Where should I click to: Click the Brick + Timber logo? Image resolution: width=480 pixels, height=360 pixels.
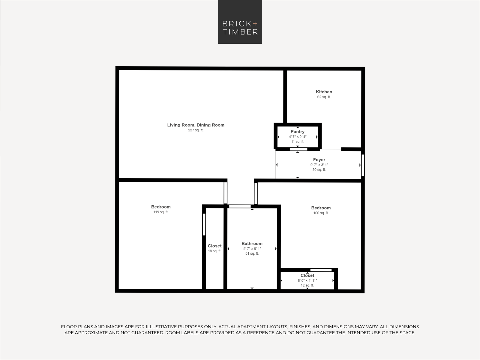point(240,22)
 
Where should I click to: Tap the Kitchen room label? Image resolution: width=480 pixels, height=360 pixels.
point(324,92)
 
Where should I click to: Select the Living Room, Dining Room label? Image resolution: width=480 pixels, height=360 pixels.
point(196,125)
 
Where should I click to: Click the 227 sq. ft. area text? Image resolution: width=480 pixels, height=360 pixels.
point(196,130)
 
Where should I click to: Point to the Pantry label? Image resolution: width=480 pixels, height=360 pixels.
point(297,132)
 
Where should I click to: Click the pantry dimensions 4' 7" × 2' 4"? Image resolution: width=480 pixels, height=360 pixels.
point(298,136)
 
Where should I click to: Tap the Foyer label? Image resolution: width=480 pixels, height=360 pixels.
point(319,160)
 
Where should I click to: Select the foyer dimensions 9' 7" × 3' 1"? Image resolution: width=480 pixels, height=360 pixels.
point(319,165)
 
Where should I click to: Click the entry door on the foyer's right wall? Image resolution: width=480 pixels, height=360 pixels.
point(363,165)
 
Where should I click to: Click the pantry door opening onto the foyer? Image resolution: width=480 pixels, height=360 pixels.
point(298,149)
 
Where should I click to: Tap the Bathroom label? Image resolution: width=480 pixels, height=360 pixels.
point(252,244)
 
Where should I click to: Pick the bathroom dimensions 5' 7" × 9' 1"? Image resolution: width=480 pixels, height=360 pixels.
point(252,248)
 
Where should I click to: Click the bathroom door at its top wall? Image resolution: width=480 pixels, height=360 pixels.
point(240,206)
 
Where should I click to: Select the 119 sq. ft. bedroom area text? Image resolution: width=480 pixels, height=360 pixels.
point(161,212)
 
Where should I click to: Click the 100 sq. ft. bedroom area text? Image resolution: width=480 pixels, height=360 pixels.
point(321,213)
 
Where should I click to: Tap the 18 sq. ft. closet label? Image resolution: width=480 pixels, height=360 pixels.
point(214,251)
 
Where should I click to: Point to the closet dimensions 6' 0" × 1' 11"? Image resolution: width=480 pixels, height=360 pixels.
point(307,280)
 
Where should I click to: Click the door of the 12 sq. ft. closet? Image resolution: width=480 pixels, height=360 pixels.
point(321,270)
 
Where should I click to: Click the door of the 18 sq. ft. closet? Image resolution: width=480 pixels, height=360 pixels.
point(204,224)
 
